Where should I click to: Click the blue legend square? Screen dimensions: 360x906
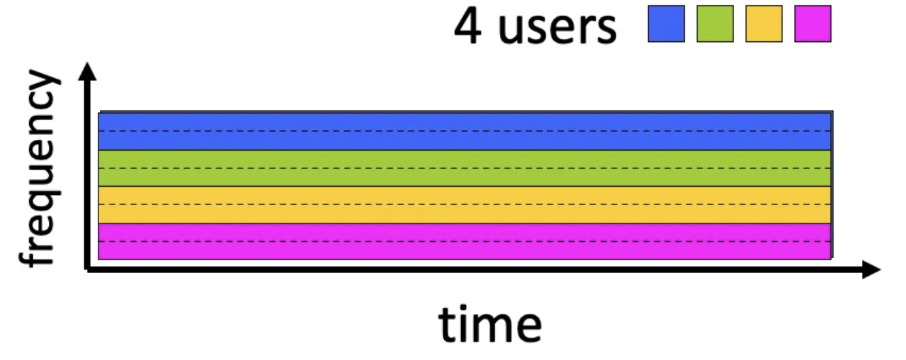pos(666,24)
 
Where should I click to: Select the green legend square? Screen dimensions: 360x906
pos(715,24)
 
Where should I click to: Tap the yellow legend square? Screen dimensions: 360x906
pos(764,24)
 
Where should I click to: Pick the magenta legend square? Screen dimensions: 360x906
pos(813,24)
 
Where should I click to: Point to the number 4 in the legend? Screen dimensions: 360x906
pos(469,26)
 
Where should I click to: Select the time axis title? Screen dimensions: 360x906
pos(490,324)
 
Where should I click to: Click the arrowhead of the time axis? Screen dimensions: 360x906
pos(872,270)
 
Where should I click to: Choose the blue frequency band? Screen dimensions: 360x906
pos(465,140)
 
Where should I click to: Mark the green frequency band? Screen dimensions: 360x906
pos(465,177)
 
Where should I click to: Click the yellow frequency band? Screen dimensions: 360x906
pos(465,213)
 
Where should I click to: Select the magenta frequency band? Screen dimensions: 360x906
pos(465,250)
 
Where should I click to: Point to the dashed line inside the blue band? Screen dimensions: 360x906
pos(465,130)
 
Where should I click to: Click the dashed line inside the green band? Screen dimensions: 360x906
pos(465,168)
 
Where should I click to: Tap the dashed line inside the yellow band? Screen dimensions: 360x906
pos(465,204)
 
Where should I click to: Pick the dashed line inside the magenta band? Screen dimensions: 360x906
pos(465,240)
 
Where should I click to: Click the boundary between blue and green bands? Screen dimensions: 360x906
pos(465,150)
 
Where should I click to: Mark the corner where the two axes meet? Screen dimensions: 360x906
pos(88,270)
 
